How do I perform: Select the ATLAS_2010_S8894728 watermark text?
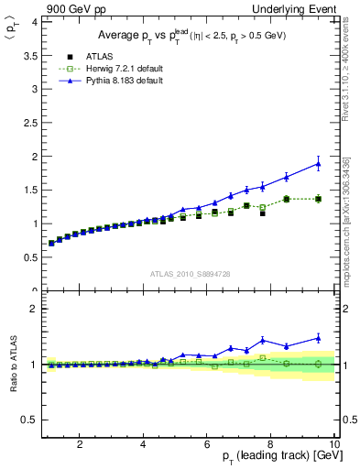pos(189,273)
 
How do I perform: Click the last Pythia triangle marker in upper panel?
pos(318,164)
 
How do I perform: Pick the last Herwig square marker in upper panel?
pos(318,199)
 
